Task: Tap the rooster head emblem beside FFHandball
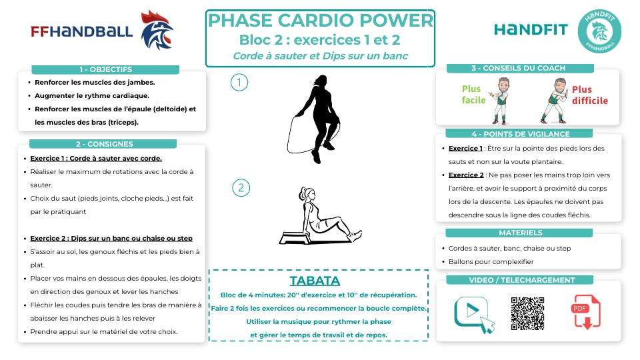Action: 157,31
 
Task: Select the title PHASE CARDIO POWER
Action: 320,21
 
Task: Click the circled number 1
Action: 239,82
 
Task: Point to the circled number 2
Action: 241,187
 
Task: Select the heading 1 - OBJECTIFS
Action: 105,69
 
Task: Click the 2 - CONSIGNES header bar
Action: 104,143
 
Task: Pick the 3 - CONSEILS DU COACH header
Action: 518,68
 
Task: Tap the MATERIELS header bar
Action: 520,233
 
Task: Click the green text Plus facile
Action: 471,95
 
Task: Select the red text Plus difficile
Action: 589,95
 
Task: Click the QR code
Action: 527,313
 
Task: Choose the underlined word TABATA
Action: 315,280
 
